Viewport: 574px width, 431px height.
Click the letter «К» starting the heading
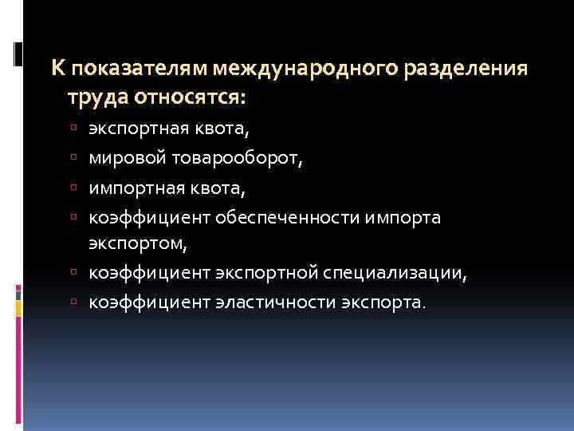(58, 69)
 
